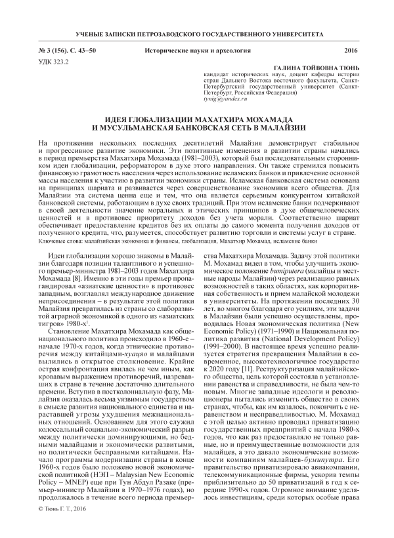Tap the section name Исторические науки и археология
(196, 50)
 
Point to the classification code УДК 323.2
(56, 61)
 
